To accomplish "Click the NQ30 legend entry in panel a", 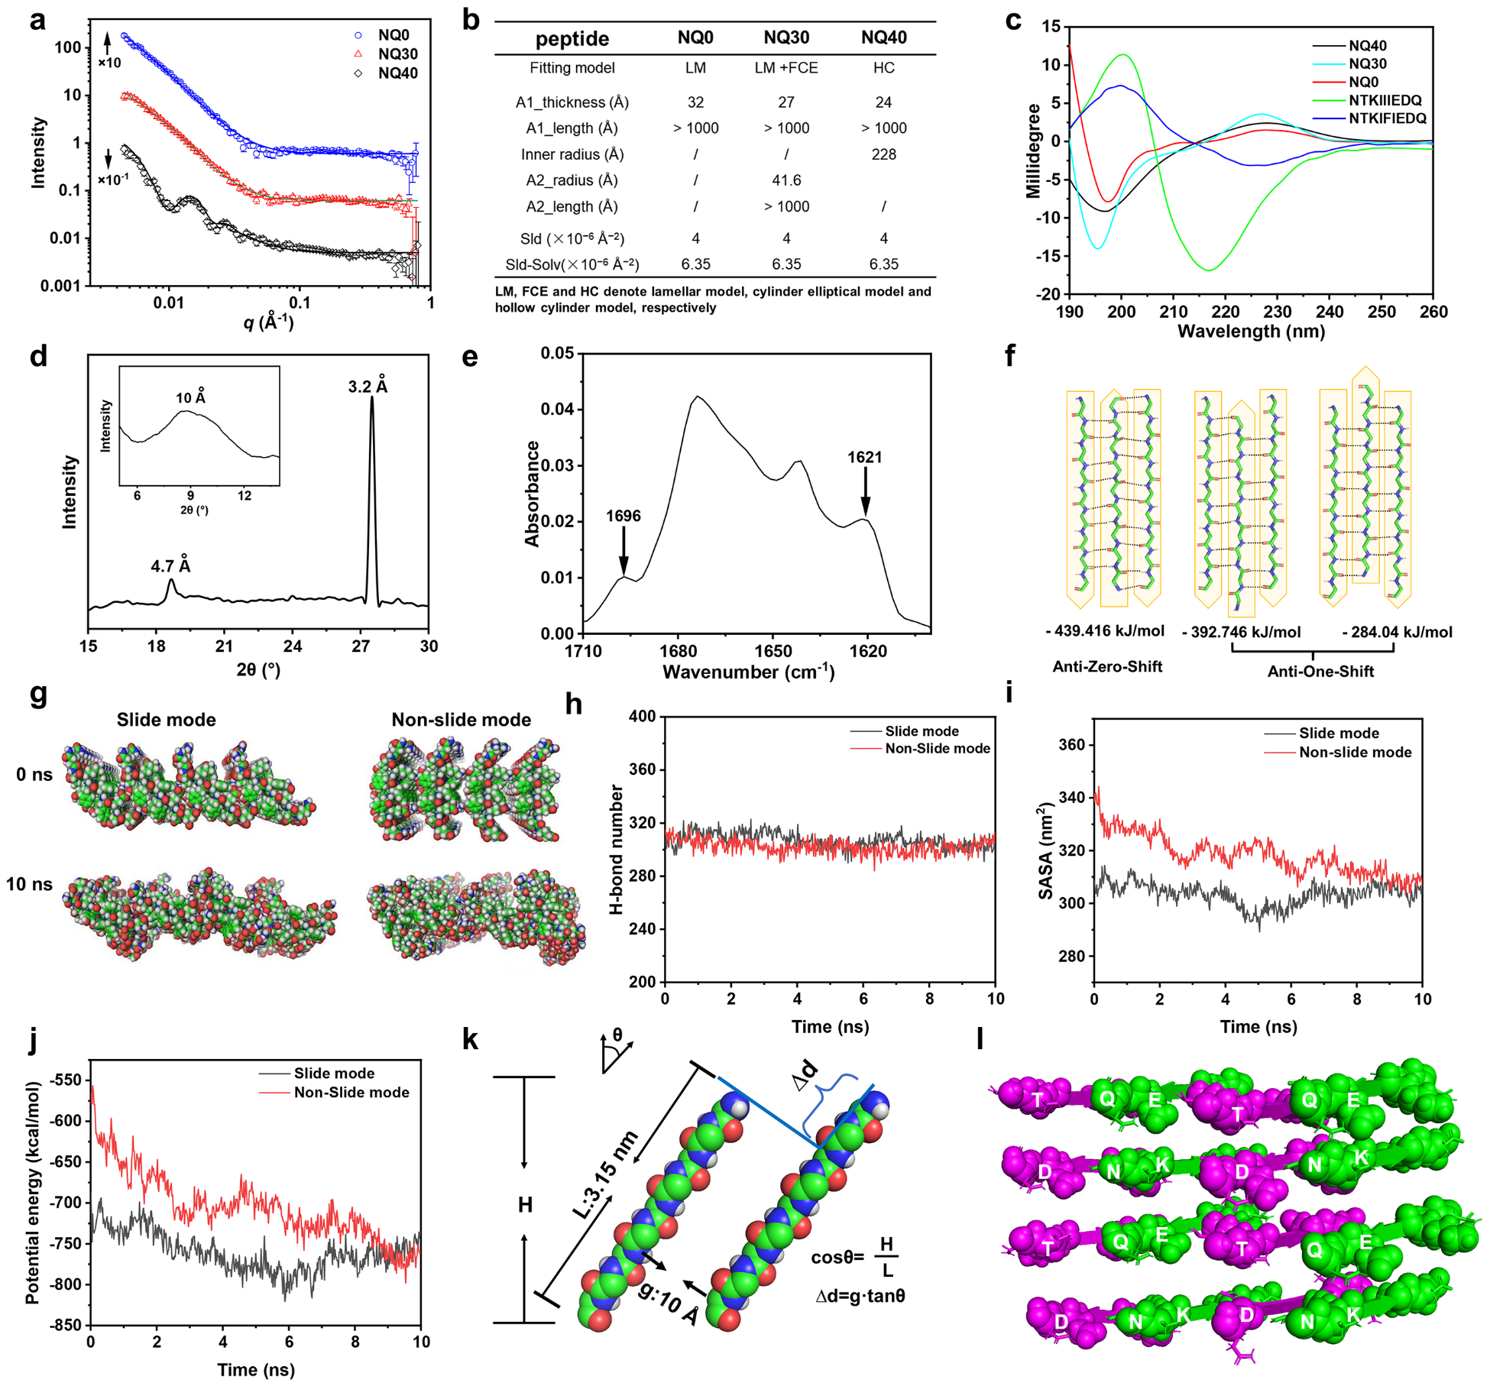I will (397, 54).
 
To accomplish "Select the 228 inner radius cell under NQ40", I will (883, 154).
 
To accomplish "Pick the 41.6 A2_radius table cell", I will (786, 180).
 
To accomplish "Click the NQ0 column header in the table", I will (695, 38).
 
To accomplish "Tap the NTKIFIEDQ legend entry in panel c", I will (1386, 118).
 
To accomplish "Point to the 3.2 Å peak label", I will (368, 387).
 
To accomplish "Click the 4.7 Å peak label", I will (170, 566).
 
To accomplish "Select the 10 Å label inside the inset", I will (190, 397).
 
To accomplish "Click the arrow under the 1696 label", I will (624, 550).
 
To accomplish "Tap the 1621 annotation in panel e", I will (864, 458).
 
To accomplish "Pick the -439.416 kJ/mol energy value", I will (1105, 631).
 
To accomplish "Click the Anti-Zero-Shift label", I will (1107, 667).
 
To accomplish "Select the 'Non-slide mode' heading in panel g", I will (461, 720).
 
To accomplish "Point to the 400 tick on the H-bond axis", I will (643, 717).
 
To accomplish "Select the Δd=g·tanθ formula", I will (860, 1296).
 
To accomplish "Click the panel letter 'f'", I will (1010, 356).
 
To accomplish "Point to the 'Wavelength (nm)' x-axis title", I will (1251, 332).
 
